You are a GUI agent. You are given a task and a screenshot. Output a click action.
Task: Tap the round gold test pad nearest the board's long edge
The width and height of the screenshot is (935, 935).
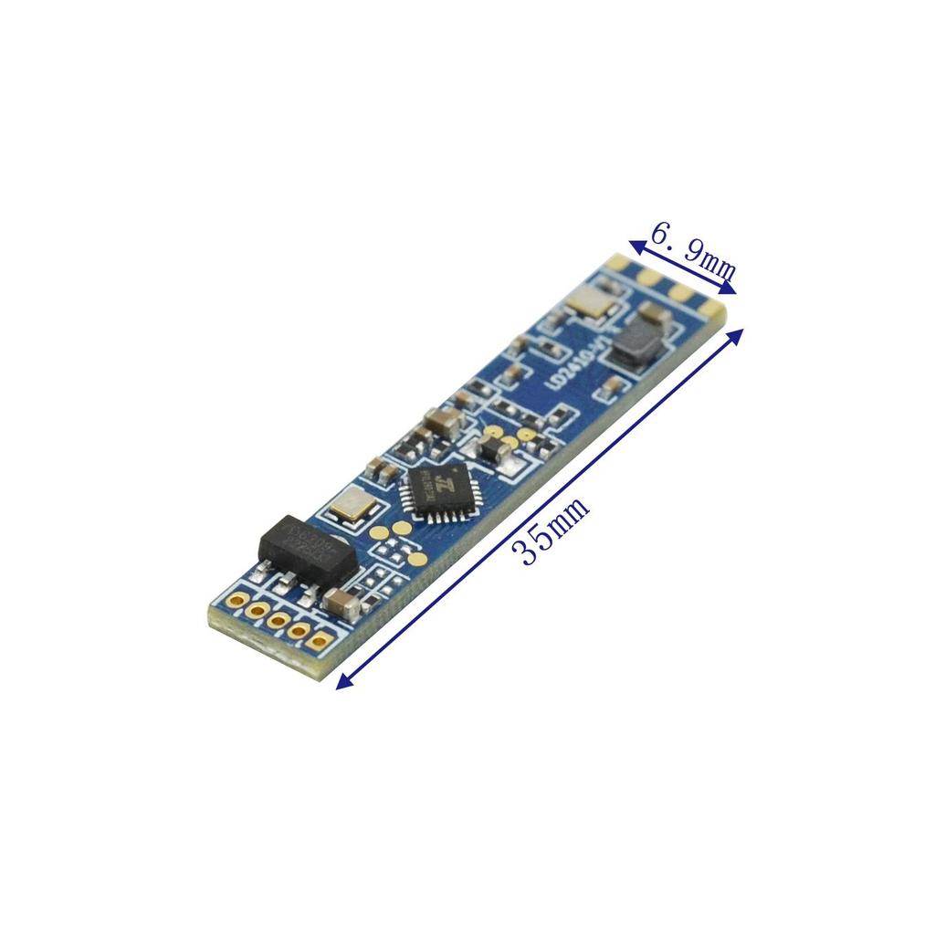pyautogui.click(x=418, y=559)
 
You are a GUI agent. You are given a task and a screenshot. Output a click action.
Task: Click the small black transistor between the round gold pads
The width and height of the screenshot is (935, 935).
pyautogui.click(x=494, y=448)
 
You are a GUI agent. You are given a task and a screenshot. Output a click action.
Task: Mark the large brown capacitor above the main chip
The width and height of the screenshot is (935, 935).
pyautogui.click(x=443, y=421)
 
